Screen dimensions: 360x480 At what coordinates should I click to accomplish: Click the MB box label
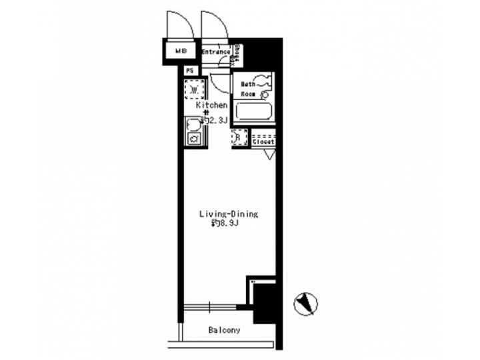(x=180, y=51)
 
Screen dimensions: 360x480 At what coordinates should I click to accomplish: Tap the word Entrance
(x=216, y=51)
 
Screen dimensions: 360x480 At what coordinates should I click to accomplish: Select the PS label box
(x=189, y=69)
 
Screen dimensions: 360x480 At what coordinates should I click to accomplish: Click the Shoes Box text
(x=237, y=53)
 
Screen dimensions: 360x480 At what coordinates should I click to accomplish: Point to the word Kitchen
(x=212, y=105)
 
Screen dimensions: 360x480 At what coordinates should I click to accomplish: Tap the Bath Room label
(x=248, y=89)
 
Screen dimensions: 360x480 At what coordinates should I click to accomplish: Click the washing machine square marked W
(x=193, y=89)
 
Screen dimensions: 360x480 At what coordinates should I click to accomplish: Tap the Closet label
(x=264, y=141)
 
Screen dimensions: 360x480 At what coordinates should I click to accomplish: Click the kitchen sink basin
(x=193, y=124)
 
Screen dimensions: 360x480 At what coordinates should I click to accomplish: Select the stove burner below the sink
(x=194, y=139)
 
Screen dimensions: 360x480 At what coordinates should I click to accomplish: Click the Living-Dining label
(x=229, y=214)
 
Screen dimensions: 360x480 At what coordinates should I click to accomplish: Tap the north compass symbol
(x=305, y=305)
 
